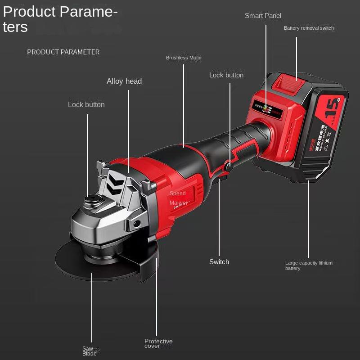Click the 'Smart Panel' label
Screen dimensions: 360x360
263,16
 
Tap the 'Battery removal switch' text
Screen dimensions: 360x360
309,28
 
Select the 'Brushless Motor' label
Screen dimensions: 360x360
184,58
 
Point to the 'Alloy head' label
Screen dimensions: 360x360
124,81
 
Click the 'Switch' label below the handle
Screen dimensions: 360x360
219,262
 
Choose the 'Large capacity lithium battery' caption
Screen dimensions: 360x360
309,265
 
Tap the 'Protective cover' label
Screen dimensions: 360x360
158,343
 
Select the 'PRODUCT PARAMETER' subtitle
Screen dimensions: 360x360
63,52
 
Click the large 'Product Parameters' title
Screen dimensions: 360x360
60,19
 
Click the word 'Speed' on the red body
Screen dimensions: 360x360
177,193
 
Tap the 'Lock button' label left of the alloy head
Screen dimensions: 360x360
86,105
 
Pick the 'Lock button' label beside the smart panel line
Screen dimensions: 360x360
226,75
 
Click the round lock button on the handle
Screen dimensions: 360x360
228,166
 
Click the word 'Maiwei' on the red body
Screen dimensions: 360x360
178,203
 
